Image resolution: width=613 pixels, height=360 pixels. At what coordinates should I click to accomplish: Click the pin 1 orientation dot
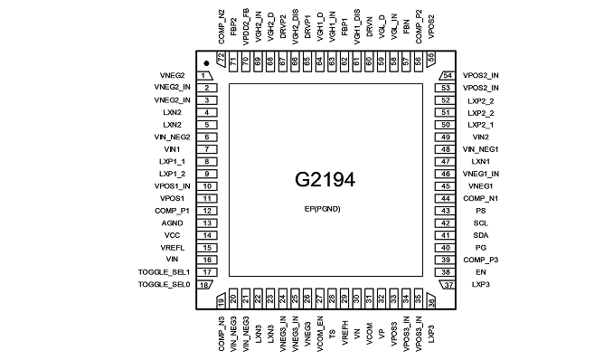[206, 63]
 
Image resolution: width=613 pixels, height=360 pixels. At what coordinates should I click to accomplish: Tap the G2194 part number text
[325, 180]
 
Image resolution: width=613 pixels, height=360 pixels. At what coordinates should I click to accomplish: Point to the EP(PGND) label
[323, 209]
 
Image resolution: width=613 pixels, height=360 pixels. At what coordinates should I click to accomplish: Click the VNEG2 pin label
[172, 75]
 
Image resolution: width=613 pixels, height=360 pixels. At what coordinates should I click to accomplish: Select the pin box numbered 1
[204, 75]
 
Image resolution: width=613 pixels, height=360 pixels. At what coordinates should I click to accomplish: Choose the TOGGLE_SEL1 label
[164, 272]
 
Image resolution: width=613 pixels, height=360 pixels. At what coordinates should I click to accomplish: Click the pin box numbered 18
[204, 285]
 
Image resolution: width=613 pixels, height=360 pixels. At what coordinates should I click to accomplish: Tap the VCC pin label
[172, 235]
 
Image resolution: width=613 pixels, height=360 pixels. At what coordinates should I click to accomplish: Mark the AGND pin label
[172, 223]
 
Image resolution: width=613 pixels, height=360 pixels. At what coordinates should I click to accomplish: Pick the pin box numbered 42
[446, 223]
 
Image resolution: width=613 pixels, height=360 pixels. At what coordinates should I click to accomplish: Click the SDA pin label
[481, 235]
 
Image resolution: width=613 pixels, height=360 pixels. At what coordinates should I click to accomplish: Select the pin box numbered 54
[448, 75]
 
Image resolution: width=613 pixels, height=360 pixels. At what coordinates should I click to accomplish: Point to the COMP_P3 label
[481, 260]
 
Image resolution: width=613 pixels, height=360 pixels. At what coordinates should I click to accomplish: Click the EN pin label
[481, 272]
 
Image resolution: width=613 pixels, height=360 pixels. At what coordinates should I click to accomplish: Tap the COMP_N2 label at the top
[222, 26]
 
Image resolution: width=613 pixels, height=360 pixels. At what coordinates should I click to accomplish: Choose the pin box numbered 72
[222, 59]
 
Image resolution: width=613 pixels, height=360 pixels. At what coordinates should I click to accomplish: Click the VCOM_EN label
[320, 334]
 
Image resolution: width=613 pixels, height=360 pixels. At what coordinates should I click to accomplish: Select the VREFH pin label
[344, 333]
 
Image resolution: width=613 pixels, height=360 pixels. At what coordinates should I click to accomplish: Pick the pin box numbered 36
[431, 300]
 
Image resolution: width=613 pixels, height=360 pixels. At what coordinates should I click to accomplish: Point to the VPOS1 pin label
[172, 198]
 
